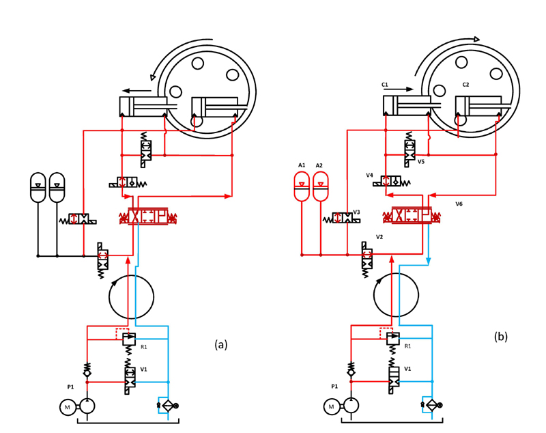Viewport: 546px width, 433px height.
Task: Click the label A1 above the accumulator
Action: coord(302,165)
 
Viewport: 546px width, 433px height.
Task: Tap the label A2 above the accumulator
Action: coord(319,165)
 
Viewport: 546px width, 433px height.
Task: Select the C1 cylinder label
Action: coord(385,85)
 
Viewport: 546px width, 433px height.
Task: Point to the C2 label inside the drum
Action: coord(465,85)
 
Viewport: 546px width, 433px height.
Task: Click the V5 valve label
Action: coord(421,162)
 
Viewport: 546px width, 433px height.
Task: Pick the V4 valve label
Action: coord(369,176)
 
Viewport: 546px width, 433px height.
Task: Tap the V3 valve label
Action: coord(356,212)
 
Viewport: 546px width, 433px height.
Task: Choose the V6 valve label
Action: coord(459,204)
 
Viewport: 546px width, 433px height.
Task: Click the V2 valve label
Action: coord(379,237)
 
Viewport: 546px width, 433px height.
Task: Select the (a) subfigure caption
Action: coord(220,344)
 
